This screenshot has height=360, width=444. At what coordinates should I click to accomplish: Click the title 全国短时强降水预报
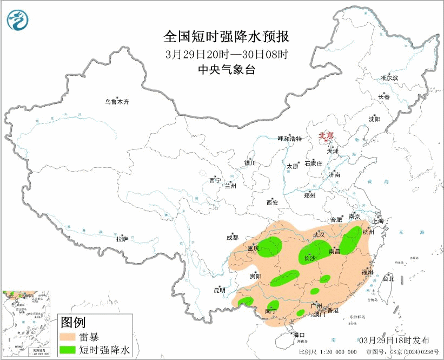point(227,37)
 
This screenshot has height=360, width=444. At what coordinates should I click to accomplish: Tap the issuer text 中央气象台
point(226,69)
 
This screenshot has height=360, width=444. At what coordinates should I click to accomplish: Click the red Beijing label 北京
point(326,135)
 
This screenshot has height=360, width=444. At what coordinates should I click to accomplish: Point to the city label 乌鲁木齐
point(117,101)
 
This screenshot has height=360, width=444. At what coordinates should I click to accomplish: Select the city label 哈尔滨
point(389,78)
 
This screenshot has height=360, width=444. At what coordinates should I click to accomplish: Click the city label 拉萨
point(122,238)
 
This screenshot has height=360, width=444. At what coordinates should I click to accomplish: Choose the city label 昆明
point(219,290)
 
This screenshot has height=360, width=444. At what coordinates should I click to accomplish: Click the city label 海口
point(299,335)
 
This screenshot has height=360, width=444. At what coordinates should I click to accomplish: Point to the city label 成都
point(232,237)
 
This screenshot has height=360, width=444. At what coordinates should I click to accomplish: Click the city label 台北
point(388,279)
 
